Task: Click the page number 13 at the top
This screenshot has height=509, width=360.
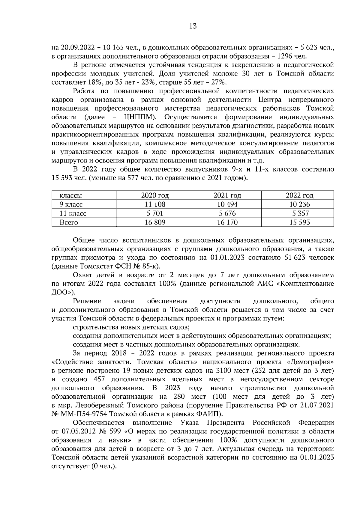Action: [193, 26]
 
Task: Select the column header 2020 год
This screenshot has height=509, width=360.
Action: [155, 195]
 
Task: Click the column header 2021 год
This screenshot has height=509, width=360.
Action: [227, 195]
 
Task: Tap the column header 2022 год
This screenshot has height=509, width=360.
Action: [299, 195]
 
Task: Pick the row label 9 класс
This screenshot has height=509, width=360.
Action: [71, 204]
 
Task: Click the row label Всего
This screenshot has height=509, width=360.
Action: [69, 222]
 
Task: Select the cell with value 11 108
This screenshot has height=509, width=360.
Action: [155, 204]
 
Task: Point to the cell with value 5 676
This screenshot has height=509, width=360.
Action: [227, 213]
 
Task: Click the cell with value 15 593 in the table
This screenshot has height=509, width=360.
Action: [299, 222]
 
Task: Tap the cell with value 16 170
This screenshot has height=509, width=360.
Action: [227, 222]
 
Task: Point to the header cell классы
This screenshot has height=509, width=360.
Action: [71, 195]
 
